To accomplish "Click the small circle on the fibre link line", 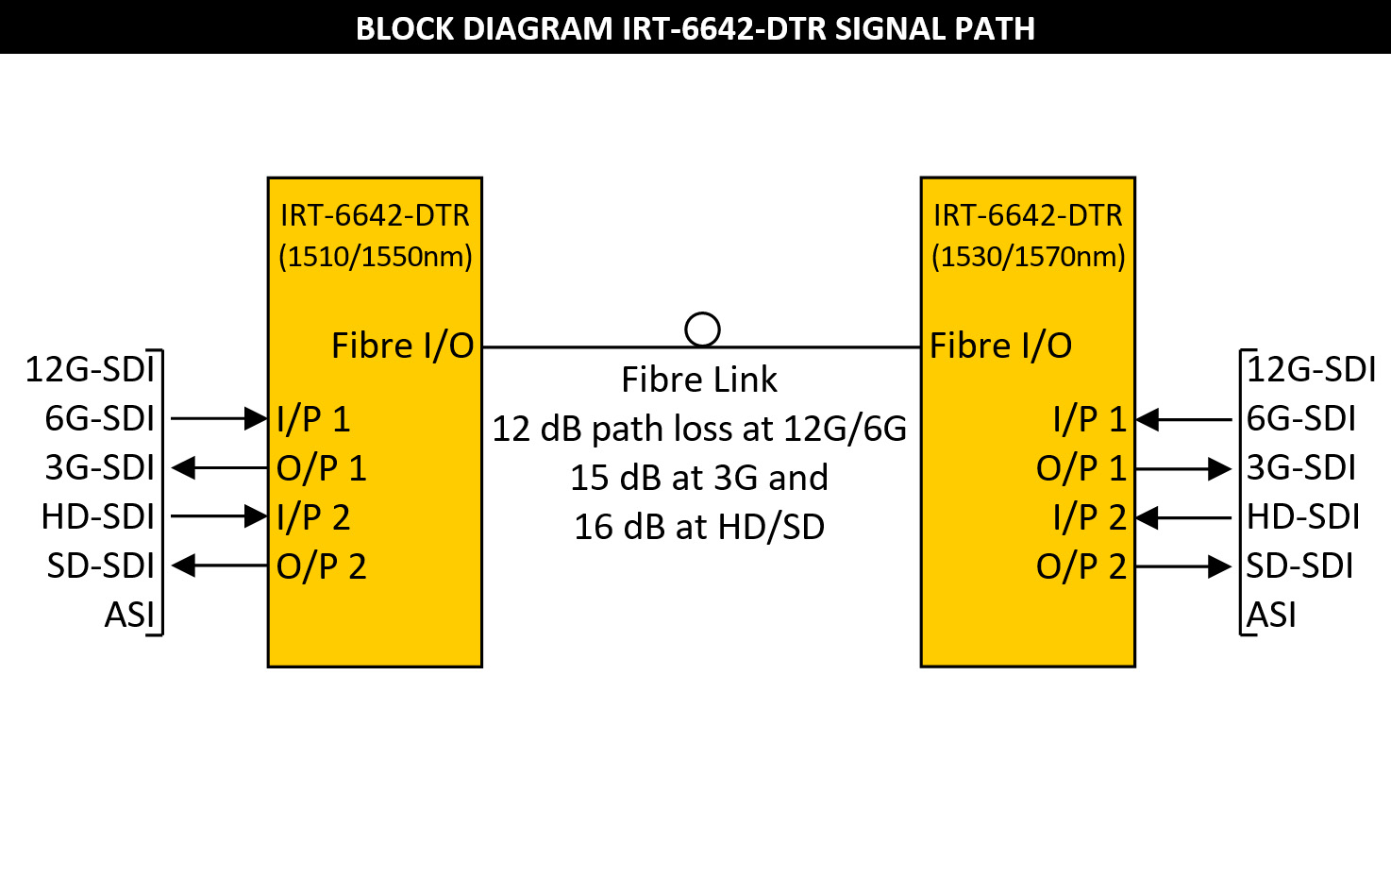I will pyautogui.click(x=702, y=329).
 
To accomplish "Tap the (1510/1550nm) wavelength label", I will pyautogui.click(x=375, y=257).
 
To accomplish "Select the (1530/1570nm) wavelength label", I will pyautogui.click(x=1028, y=257).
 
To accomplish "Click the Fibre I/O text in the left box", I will pyautogui.click(x=402, y=346).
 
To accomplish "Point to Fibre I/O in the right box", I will pyautogui.click(x=1000, y=346).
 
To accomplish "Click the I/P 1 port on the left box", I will pyautogui.click(x=313, y=419).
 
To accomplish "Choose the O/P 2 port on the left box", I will pyautogui.click(x=321, y=566).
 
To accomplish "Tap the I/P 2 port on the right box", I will pyautogui.click(x=1090, y=517).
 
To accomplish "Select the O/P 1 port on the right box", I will pyautogui.click(x=1081, y=468).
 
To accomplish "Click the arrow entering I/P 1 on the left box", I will pyautogui.click(x=219, y=418).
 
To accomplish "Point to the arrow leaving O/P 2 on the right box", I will pyautogui.click(x=1184, y=566).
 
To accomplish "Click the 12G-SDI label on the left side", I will pyautogui.click(x=90, y=369).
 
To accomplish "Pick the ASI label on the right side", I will pyautogui.click(x=1271, y=616).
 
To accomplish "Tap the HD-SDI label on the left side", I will pyautogui.click(x=98, y=517).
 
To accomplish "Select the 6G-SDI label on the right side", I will pyautogui.click(x=1301, y=418).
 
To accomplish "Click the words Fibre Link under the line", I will pyautogui.click(x=699, y=380).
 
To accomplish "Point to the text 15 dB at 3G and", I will pyautogui.click(x=699, y=478).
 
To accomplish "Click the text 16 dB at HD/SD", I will pyautogui.click(x=699, y=527).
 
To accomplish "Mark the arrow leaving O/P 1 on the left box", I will pyautogui.click(x=219, y=467).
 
